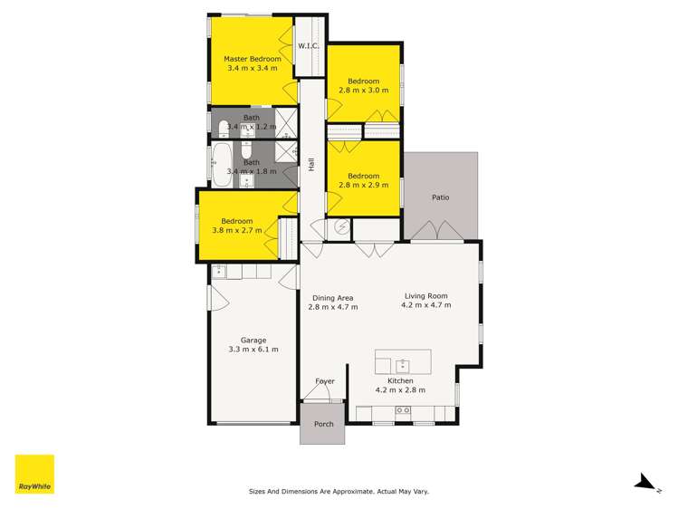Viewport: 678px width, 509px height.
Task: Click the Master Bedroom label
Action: coord(253,60)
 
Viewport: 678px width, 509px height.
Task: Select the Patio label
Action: coord(440,197)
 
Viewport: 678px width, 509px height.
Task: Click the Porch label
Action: coord(323,424)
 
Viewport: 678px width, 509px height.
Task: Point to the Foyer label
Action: coord(324,381)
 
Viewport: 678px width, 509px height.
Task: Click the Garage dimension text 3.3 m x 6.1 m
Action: coord(253,350)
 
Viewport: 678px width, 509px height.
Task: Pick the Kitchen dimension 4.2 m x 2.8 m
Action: coord(400,390)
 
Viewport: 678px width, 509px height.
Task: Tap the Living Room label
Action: coord(425,295)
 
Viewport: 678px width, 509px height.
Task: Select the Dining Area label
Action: coord(333,298)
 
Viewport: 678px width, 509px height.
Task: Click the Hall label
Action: coord(311,165)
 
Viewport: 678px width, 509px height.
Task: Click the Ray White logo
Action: coord(34,475)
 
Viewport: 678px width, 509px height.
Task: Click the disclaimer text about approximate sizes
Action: coord(339,491)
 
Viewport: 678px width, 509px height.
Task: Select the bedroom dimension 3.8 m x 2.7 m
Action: coord(237,230)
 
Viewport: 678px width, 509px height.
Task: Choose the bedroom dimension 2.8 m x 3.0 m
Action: coord(363,91)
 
